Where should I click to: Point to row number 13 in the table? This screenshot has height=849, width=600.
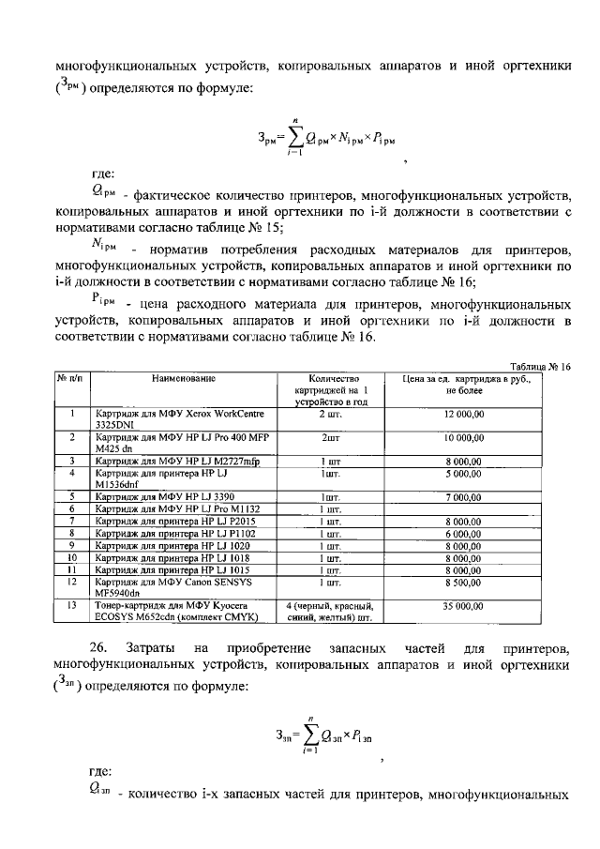(71, 606)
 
